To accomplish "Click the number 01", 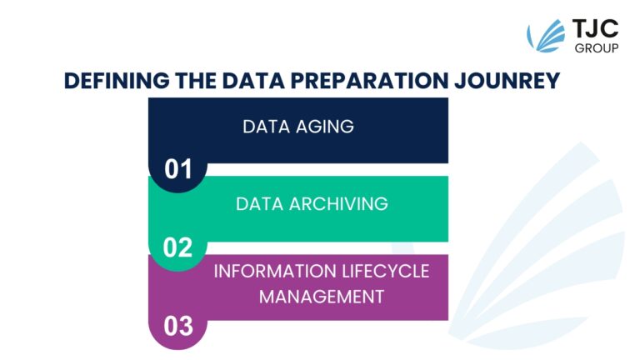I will (177, 170).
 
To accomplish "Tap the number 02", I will (177, 248).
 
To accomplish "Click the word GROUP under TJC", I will (596, 48).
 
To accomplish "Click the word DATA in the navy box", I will (262, 127).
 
